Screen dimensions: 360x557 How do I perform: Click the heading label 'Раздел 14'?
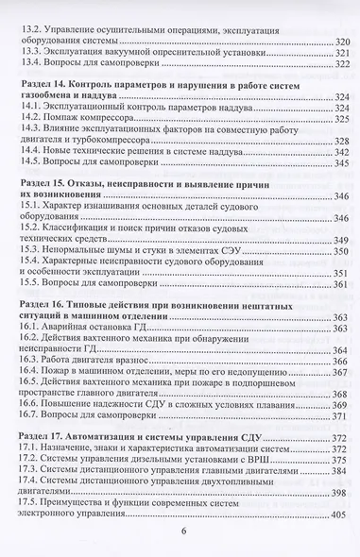[47, 84]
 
